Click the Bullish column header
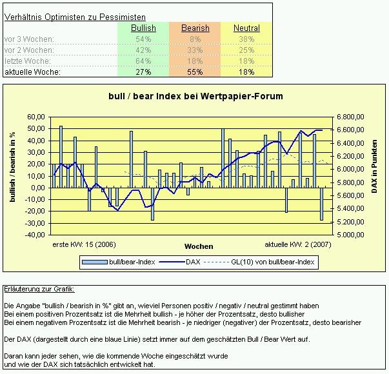pyautogui.click(x=143, y=28)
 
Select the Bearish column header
pyautogui.click(x=195, y=28)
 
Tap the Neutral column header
pyautogui.click(x=246, y=28)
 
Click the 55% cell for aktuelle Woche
pyautogui.click(x=195, y=72)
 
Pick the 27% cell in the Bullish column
pyautogui.click(x=143, y=72)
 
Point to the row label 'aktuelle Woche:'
pyautogui.click(x=32, y=72)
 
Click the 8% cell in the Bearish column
pyautogui.click(x=195, y=39)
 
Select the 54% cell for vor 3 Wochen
pyautogui.click(x=143, y=39)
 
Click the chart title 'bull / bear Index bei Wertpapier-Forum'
pyautogui.click(x=195, y=97)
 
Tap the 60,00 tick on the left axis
pyautogui.click(x=37, y=117)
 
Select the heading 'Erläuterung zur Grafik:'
pyautogui.click(x=39, y=289)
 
